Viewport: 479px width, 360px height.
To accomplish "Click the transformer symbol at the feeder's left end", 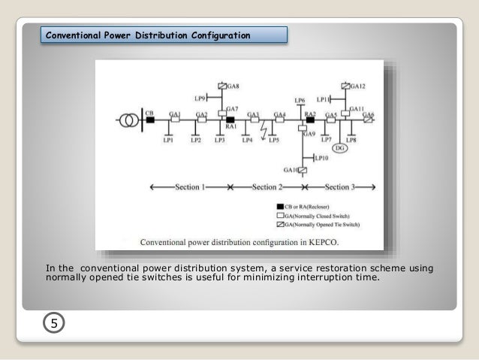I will tap(128, 119).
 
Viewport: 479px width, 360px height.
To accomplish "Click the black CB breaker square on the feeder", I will tap(150, 119).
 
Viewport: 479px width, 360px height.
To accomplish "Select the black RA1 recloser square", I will tap(230, 119).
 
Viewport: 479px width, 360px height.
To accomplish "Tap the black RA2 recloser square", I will tap(310, 119).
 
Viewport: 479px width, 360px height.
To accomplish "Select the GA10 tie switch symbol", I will tap(303, 171).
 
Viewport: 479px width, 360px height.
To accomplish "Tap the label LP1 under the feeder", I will tap(169, 140).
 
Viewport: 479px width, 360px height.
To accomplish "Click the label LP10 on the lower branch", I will tap(321, 159).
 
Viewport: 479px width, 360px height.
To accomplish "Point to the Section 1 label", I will tap(191, 187).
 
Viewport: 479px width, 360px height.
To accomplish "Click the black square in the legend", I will tap(280, 206).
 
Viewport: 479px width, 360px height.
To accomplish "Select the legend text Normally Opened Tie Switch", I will tap(324, 225).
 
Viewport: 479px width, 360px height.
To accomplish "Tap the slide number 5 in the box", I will tap(53, 323).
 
